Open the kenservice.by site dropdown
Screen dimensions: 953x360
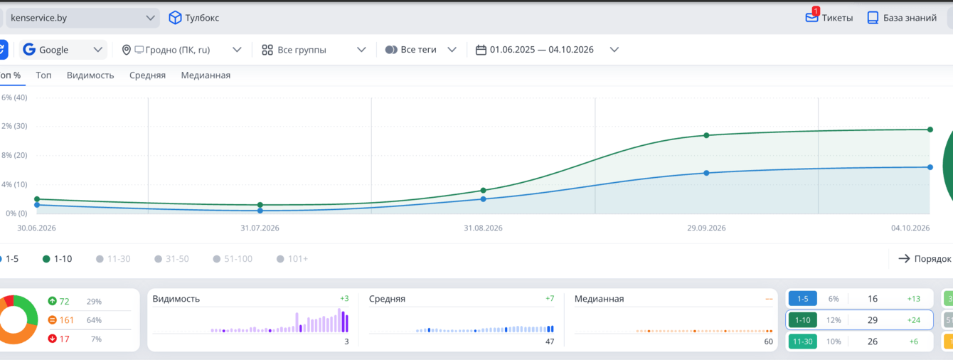[x=82, y=18]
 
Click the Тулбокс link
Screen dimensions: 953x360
[x=194, y=18]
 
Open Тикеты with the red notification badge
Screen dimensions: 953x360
[x=829, y=17]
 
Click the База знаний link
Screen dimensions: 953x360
[x=902, y=18]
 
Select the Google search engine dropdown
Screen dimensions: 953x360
[x=63, y=50]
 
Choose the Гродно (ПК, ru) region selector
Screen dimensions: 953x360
[x=181, y=50]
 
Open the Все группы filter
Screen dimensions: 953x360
[x=314, y=50]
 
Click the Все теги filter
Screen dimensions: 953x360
[x=420, y=50]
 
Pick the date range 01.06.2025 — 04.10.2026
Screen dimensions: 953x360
[x=547, y=50]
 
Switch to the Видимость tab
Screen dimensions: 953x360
[x=90, y=75]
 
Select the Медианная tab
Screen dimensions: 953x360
[x=206, y=75]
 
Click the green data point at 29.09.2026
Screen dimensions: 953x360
[x=706, y=135]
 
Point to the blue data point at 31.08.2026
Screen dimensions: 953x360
[x=484, y=199]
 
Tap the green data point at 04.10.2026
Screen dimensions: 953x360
[x=930, y=129]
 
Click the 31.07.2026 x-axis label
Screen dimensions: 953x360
[x=260, y=228]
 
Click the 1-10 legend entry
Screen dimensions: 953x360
[x=58, y=259]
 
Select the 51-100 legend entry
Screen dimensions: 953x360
[x=233, y=259]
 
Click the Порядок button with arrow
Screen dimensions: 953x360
[x=925, y=259]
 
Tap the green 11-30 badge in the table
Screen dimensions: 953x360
[x=802, y=342]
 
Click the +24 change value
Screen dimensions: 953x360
[x=913, y=320]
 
